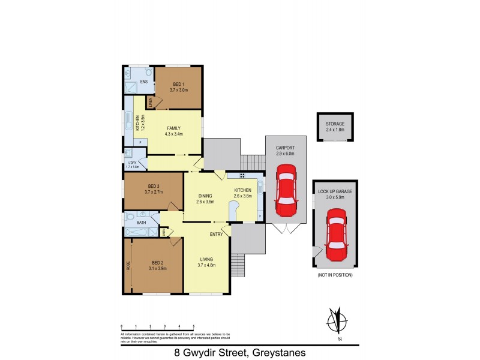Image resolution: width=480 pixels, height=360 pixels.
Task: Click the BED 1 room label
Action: pos(178,84)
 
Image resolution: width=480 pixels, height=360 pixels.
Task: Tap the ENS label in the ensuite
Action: pos(144,82)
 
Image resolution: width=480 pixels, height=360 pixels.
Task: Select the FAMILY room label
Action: pos(174,128)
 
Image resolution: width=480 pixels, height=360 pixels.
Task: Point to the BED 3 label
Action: pos(153,186)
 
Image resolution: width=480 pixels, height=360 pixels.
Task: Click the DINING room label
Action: pos(205,196)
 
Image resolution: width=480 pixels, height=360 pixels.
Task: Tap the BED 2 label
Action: pos(157,263)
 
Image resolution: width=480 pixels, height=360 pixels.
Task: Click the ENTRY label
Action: pos(216,234)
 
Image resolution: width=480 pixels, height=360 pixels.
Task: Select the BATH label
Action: pos(141,223)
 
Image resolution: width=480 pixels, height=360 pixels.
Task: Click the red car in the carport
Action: pos(286,193)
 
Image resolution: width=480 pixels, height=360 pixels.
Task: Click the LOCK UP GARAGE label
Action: pos(335,191)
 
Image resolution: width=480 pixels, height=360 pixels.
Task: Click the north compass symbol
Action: pos(338,321)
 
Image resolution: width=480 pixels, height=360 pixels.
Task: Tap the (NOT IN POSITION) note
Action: pos(335,275)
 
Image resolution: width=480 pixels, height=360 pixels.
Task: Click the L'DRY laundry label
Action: pos(132,163)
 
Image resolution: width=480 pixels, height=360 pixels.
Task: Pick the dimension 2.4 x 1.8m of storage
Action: pos(335,129)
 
